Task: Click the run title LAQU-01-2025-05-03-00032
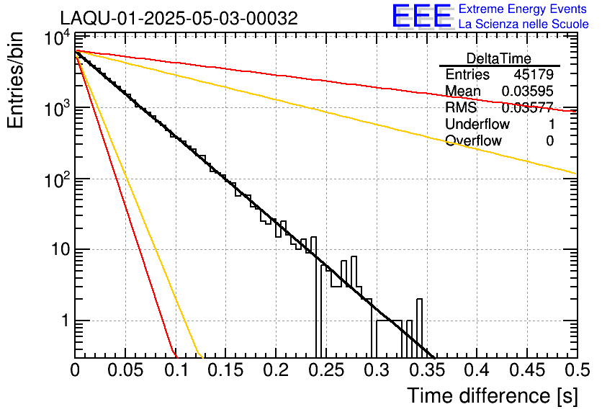[x=179, y=19]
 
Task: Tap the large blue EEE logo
[x=421, y=16]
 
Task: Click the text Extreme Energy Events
[x=522, y=9]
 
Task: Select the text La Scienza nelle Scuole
[x=524, y=24]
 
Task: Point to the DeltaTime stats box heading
[x=498, y=58]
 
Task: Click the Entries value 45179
[x=534, y=75]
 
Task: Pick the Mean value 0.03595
[x=528, y=91]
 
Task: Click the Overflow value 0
[x=549, y=140]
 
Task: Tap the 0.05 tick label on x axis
[x=125, y=372]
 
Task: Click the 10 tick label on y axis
[x=55, y=251]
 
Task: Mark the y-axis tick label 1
[x=63, y=321]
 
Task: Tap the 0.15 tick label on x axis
[x=225, y=372]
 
